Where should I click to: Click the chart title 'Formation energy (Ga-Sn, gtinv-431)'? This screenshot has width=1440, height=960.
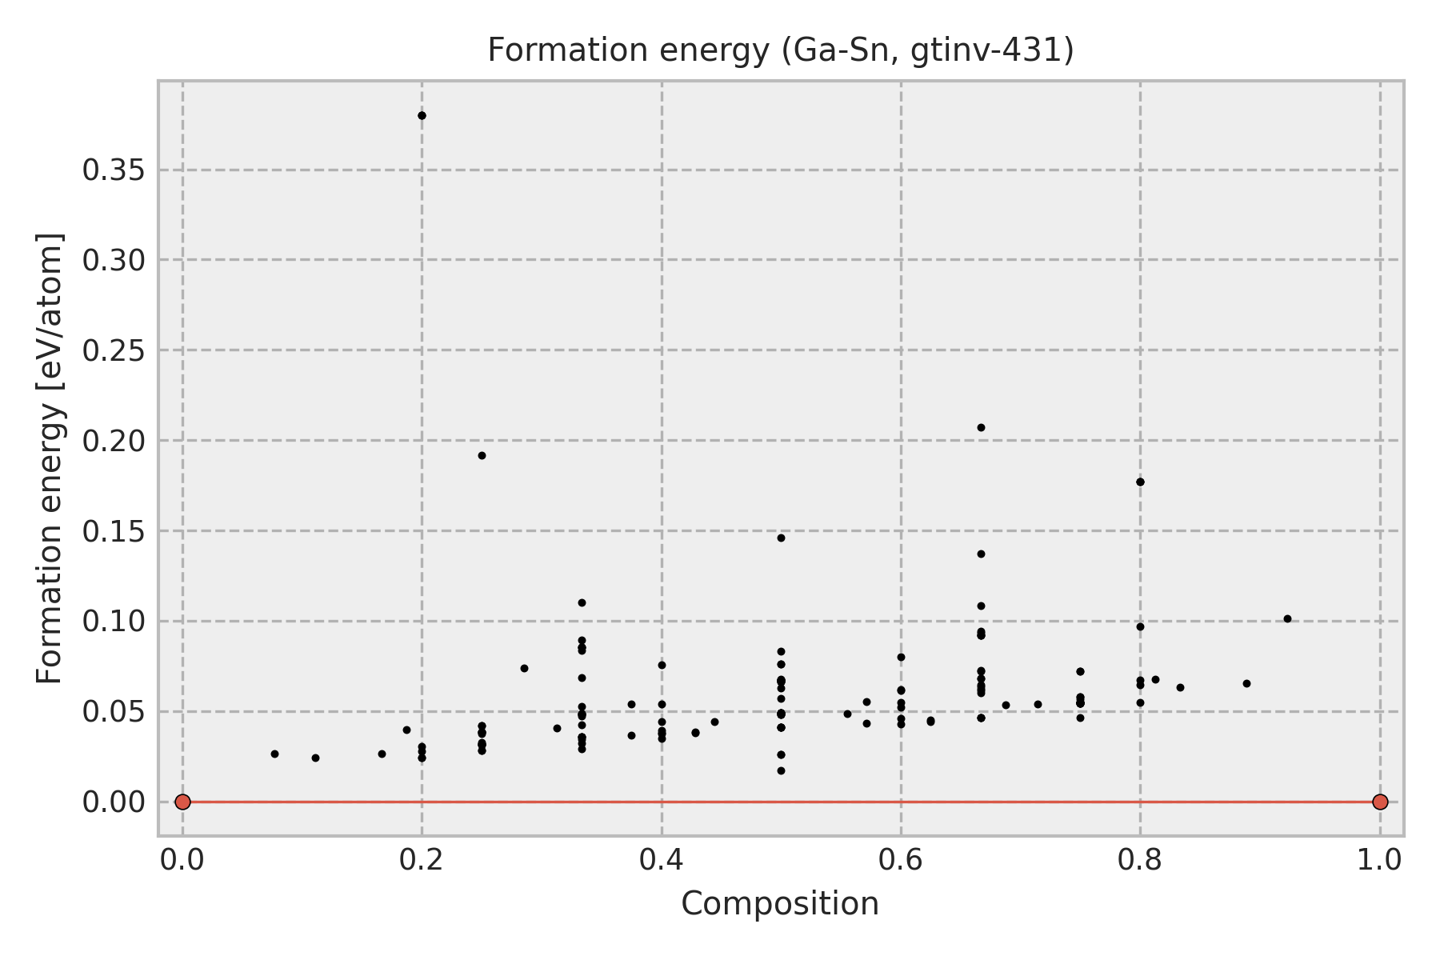(x=780, y=50)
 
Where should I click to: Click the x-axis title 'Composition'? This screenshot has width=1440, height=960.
(x=780, y=904)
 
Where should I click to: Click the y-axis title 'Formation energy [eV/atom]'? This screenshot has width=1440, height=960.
(x=50, y=458)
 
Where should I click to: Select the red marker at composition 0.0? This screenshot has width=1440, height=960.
(x=182, y=802)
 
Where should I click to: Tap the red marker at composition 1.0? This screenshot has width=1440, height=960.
(x=1380, y=802)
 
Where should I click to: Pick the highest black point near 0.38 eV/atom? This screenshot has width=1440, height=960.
(x=422, y=115)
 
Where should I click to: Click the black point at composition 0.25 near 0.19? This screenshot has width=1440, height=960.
(x=482, y=455)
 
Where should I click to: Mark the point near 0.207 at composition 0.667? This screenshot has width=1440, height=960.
(x=981, y=427)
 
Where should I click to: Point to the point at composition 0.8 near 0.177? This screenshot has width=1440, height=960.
(x=1140, y=482)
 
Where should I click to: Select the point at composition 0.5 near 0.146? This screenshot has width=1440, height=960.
(x=781, y=538)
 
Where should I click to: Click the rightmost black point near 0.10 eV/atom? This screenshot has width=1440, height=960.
(x=1287, y=618)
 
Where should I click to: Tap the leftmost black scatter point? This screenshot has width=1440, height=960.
(x=274, y=754)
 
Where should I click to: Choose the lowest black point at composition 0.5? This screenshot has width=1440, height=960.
(x=781, y=770)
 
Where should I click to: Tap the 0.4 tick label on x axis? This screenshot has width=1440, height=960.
(x=661, y=860)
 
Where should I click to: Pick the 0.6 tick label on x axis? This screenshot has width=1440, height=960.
(x=901, y=860)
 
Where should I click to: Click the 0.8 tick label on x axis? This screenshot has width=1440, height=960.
(x=1140, y=860)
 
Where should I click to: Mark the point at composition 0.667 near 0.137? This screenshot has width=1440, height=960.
(x=981, y=554)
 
